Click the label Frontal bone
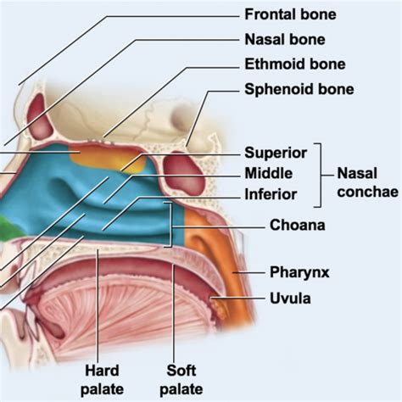pos(290,14)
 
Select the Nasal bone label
pos(285,39)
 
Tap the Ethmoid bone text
pos(295,64)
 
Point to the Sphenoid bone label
pos(299,89)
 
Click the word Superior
pos(276,153)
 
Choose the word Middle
pos(269,173)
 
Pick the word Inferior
pos(271,194)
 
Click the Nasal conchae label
pos(367,182)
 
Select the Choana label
pos(298,226)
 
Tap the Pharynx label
pos(299,272)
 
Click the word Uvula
pos(290,299)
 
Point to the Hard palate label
pos(102,380)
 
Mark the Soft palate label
pos(181,380)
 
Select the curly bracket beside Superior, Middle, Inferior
pos(321,176)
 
